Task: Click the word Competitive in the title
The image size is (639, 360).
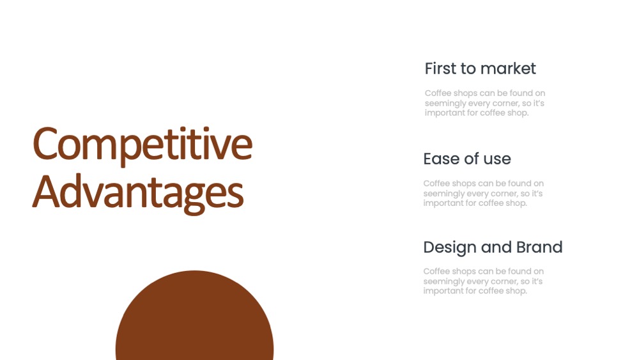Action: [x=142, y=145]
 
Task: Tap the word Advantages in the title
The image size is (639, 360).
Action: [x=138, y=192]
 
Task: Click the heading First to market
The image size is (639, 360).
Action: [x=480, y=68]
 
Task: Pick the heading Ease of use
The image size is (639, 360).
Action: [x=467, y=159]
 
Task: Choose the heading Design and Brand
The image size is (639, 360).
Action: [x=493, y=247]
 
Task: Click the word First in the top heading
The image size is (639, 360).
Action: [x=440, y=68]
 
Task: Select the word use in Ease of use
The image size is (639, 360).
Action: [x=497, y=159]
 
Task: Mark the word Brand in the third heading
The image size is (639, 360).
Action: [x=539, y=247]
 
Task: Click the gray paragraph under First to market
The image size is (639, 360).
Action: [x=485, y=103]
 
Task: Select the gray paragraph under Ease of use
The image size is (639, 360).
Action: [x=483, y=193]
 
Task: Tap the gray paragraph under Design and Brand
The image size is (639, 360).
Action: [x=483, y=281]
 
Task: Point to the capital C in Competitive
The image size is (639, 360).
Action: [x=45, y=143]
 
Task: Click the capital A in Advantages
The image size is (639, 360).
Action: [x=45, y=192]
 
